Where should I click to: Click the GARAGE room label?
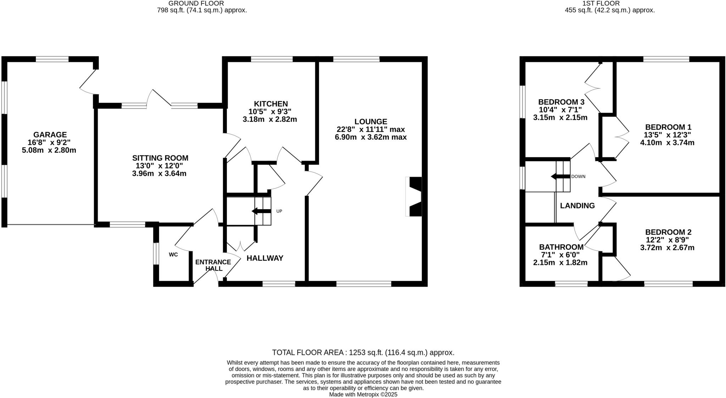(50, 135)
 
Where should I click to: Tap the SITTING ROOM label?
(160, 158)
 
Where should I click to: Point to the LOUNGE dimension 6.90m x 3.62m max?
(370, 137)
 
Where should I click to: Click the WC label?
(173, 254)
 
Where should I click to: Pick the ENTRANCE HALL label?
(213, 265)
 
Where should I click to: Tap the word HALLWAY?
(265, 258)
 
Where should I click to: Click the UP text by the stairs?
(279, 211)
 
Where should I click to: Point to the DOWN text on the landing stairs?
(578, 176)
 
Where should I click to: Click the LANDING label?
(577, 206)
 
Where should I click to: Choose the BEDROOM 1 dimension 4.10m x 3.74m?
(667, 143)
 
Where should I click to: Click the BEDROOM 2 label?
(668, 232)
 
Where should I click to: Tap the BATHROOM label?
(561, 247)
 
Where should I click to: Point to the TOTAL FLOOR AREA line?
(363, 352)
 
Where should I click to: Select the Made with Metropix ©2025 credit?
(363, 394)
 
